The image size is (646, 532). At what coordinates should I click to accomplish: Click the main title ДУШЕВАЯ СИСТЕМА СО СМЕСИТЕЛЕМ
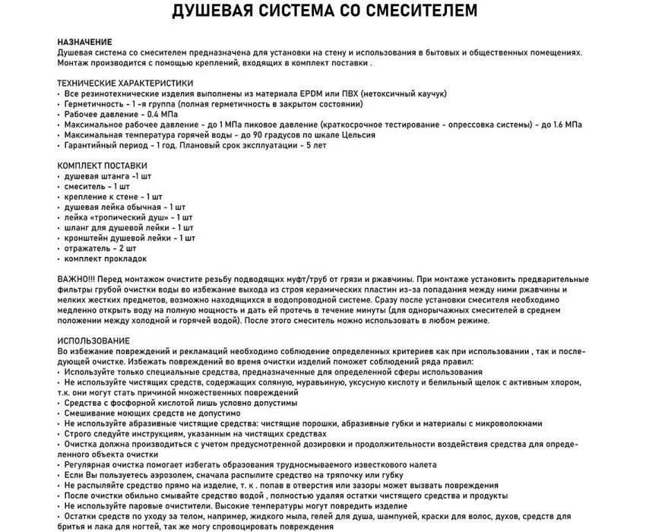pos(324,11)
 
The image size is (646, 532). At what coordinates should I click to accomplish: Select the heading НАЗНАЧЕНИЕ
pos(84,41)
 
